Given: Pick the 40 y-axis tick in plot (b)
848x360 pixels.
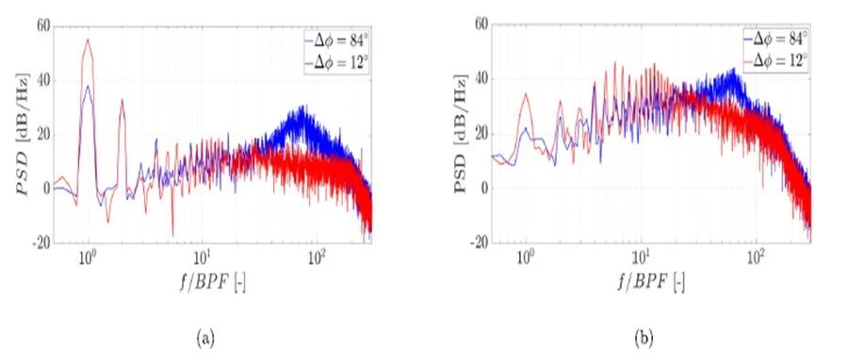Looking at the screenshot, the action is coord(481,80).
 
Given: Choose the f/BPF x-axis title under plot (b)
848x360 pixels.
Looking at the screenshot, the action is coord(651,282).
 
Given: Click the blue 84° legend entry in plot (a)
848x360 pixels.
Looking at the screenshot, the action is coord(336,40).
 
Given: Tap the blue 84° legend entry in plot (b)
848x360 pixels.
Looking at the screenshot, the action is coord(775,39).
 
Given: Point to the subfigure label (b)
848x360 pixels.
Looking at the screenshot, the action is coord(644,339).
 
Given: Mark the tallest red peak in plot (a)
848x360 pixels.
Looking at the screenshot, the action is coord(87,40).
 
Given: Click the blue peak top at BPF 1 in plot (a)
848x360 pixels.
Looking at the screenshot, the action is coord(87,86).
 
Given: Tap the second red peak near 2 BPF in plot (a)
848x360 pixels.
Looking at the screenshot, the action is coord(122,100).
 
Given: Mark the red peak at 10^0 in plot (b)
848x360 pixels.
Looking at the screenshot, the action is coord(526,93).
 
